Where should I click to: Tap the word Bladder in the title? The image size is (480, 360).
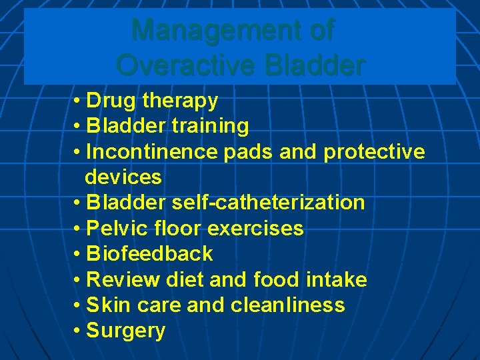(315, 65)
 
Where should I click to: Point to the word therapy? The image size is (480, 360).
(180, 101)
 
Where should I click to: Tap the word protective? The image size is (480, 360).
(374, 151)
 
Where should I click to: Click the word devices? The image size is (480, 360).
(123, 177)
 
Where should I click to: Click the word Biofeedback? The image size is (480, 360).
(149, 253)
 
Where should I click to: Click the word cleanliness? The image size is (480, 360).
(288, 305)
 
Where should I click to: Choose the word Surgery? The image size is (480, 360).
(126, 331)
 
